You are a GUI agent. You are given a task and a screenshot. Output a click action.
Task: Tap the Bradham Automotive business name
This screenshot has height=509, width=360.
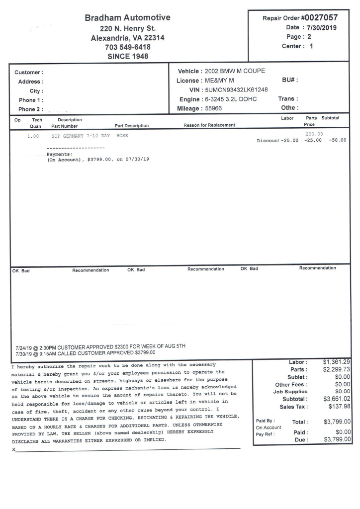tap(128, 18)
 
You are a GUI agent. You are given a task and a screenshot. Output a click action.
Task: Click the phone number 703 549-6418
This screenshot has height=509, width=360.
tap(128, 47)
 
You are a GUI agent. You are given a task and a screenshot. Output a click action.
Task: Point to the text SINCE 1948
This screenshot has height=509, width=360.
tap(128, 57)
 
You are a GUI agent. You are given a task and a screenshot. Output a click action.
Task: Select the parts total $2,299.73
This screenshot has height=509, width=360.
tap(337, 369)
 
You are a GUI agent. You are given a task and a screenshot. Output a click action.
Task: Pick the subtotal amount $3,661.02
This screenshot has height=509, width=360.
tap(337, 399)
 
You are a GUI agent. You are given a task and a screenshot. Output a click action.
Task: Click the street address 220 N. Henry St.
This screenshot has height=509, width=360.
tap(128, 28)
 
